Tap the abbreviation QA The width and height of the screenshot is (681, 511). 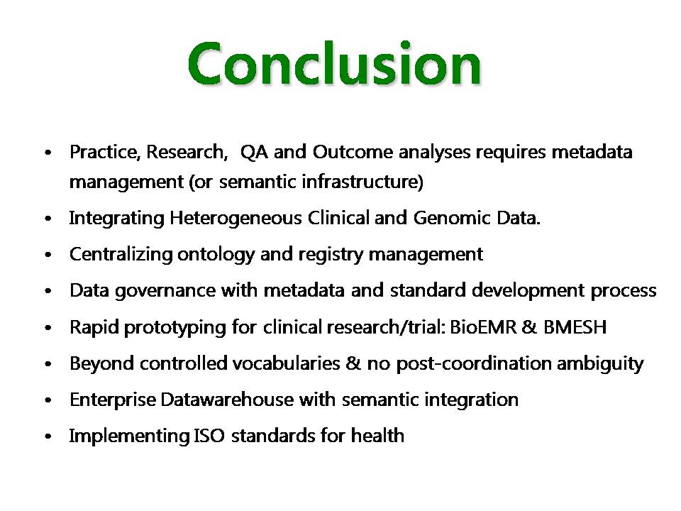[x=254, y=152]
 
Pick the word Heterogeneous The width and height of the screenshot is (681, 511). [x=236, y=218]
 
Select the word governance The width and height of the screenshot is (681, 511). [x=165, y=291]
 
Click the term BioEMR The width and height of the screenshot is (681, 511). [x=483, y=326]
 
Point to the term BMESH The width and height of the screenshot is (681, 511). [x=575, y=326]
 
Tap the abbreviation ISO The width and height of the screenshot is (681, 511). [x=209, y=436]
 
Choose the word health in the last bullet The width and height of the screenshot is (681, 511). [x=377, y=435]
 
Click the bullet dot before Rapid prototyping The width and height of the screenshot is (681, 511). [x=48, y=328]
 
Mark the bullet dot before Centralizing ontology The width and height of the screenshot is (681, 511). [x=48, y=255]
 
